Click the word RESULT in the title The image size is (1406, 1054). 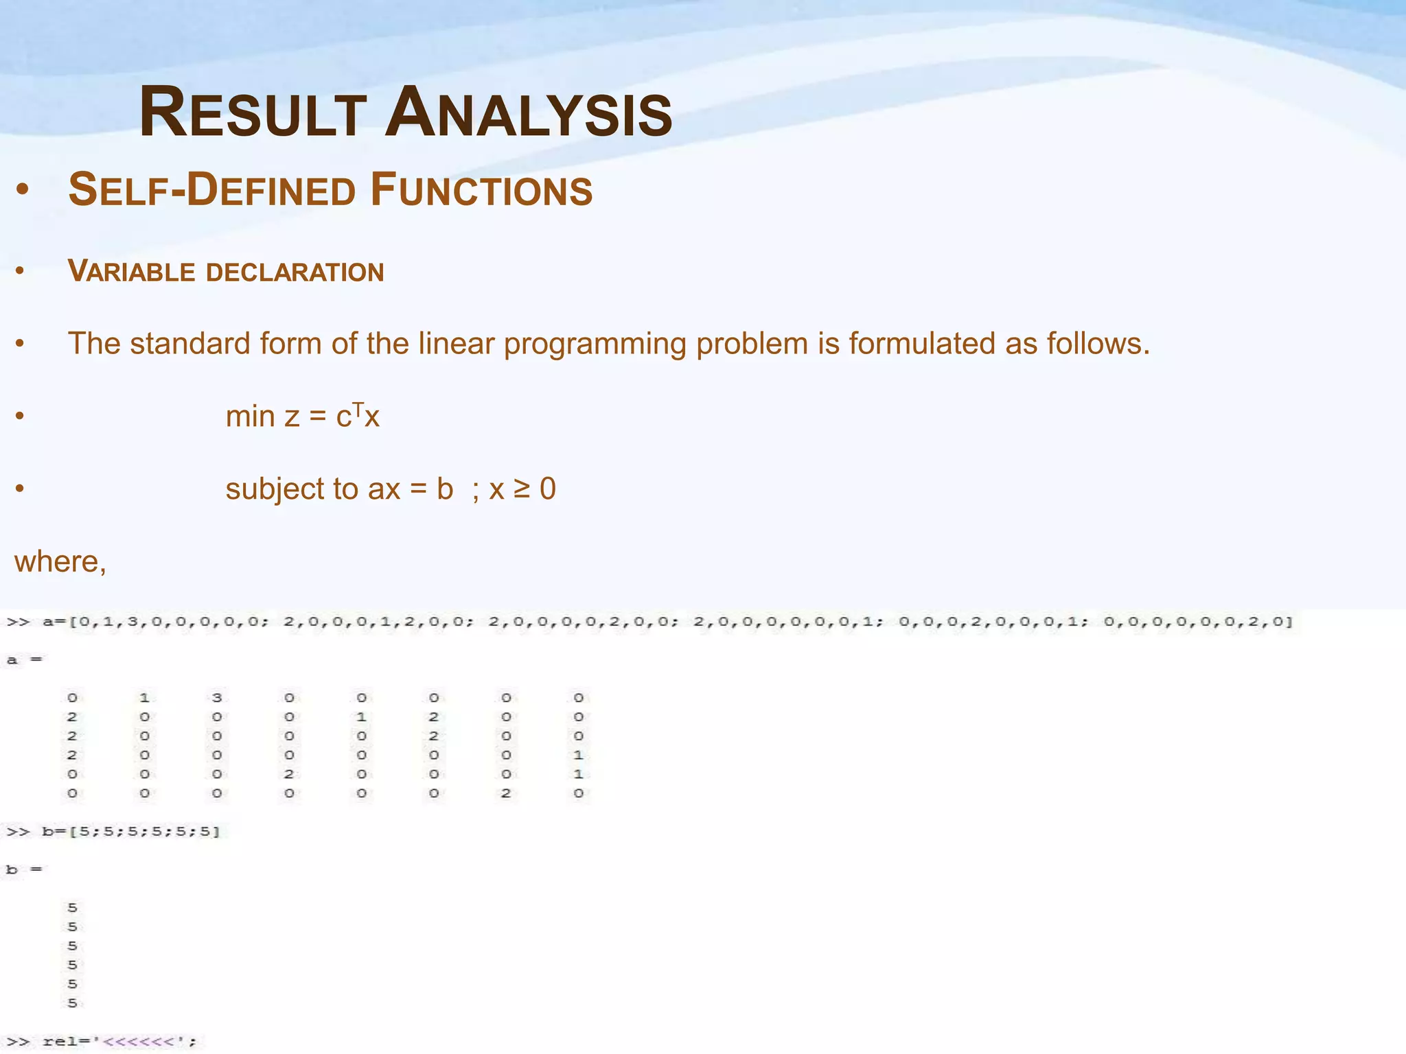[253, 113]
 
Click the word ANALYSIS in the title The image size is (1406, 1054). [529, 113]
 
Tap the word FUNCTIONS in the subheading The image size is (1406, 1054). [481, 190]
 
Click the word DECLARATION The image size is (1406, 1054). [295, 272]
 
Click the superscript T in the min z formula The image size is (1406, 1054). [358, 409]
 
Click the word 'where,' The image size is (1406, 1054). [60, 562]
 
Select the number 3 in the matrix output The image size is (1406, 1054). [217, 698]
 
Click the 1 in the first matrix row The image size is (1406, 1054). [144, 698]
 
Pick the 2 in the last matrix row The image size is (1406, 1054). [506, 793]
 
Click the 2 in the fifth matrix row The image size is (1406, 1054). [289, 774]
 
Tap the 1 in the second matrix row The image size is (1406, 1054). [361, 717]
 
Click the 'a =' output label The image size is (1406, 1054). [24, 660]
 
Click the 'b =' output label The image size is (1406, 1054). [24, 869]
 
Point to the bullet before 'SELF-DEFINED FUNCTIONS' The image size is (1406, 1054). [22, 191]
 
